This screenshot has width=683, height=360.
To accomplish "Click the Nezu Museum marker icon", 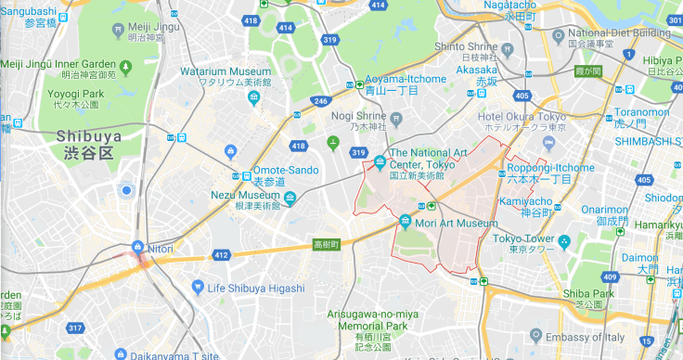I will [290, 197].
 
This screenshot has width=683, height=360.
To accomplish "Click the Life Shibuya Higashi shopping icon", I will [197, 288].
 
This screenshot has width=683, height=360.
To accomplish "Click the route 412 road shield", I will [221, 254].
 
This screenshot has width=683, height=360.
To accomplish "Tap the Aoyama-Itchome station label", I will [406, 84].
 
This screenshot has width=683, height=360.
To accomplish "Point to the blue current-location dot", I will [126, 190].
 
